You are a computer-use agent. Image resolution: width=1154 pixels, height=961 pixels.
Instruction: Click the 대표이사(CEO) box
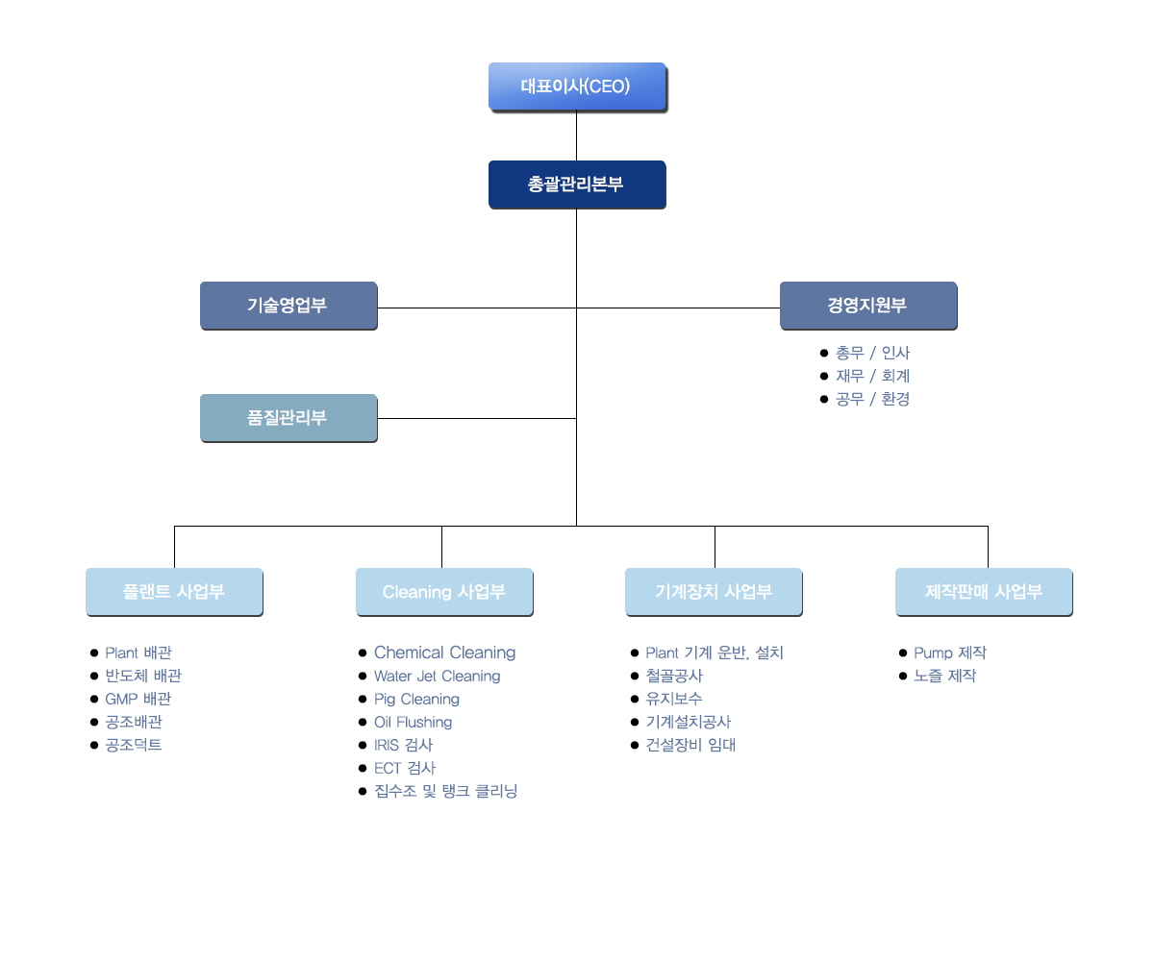(x=577, y=86)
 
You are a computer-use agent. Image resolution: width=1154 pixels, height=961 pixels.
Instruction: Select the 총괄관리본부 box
(x=577, y=184)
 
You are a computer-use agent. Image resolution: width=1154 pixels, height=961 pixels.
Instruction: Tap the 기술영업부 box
(x=288, y=306)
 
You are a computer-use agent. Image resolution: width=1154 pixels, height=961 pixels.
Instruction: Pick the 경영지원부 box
(x=868, y=306)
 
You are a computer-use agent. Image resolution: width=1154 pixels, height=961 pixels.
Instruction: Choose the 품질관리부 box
(x=288, y=417)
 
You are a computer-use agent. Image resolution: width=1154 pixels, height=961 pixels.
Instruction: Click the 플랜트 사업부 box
(x=174, y=592)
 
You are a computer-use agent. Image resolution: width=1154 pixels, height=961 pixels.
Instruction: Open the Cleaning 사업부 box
(x=444, y=592)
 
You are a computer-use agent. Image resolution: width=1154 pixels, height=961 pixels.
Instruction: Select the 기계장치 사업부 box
(x=714, y=592)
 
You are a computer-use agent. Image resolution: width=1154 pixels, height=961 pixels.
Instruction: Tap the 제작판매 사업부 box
(x=984, y=592)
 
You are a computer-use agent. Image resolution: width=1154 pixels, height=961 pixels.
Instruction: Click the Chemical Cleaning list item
(x=444, y=653)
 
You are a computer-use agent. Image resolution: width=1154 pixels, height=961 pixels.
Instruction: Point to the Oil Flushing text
(x=413, y=722)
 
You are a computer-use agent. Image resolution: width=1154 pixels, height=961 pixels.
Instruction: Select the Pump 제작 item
(x=949, y=653)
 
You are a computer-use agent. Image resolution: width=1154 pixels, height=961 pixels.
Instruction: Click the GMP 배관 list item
(x=138, y=699)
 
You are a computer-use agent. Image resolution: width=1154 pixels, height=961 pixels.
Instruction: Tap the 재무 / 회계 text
(x=872, y=376)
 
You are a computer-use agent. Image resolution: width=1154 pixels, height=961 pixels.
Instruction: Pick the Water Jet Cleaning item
(x=437, y=676)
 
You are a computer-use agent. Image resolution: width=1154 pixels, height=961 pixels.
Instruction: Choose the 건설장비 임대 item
(x=690, y=745)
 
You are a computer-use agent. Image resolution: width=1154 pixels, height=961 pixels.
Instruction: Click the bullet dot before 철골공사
(x=635, y=676)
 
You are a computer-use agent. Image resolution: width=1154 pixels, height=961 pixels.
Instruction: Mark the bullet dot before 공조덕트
(x=94, y=745)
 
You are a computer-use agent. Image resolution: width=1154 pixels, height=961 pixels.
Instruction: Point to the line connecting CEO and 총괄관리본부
(x=576, y=136)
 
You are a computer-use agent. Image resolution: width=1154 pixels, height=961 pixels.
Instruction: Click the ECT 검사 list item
(x=405, y=768)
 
